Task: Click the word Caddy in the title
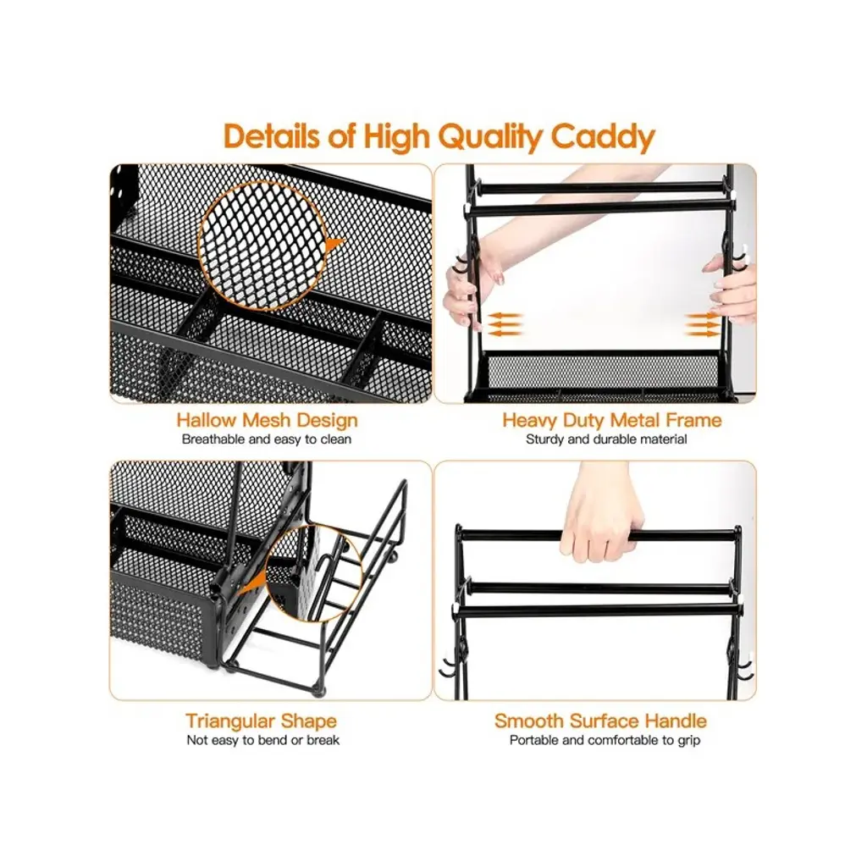(x=603, y=136)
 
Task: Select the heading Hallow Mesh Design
(x=267, y=420)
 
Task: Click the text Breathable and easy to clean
(x=267, y=439)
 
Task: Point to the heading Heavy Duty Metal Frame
(x=612, y=420)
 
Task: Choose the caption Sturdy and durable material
(x=606, y=439)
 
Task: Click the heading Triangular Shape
(x=261, y=721)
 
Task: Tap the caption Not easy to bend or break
(x=263, y=740)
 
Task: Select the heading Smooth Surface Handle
(x=600, y=721)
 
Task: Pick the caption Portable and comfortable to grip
(x=605, y=740)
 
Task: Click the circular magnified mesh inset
(x=262, y=245)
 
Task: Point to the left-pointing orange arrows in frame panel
(x=505, y=324)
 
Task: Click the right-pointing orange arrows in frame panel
(x=702, y=324)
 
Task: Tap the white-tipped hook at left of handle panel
(x=450, y=667)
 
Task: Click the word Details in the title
(x=272, y=136)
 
